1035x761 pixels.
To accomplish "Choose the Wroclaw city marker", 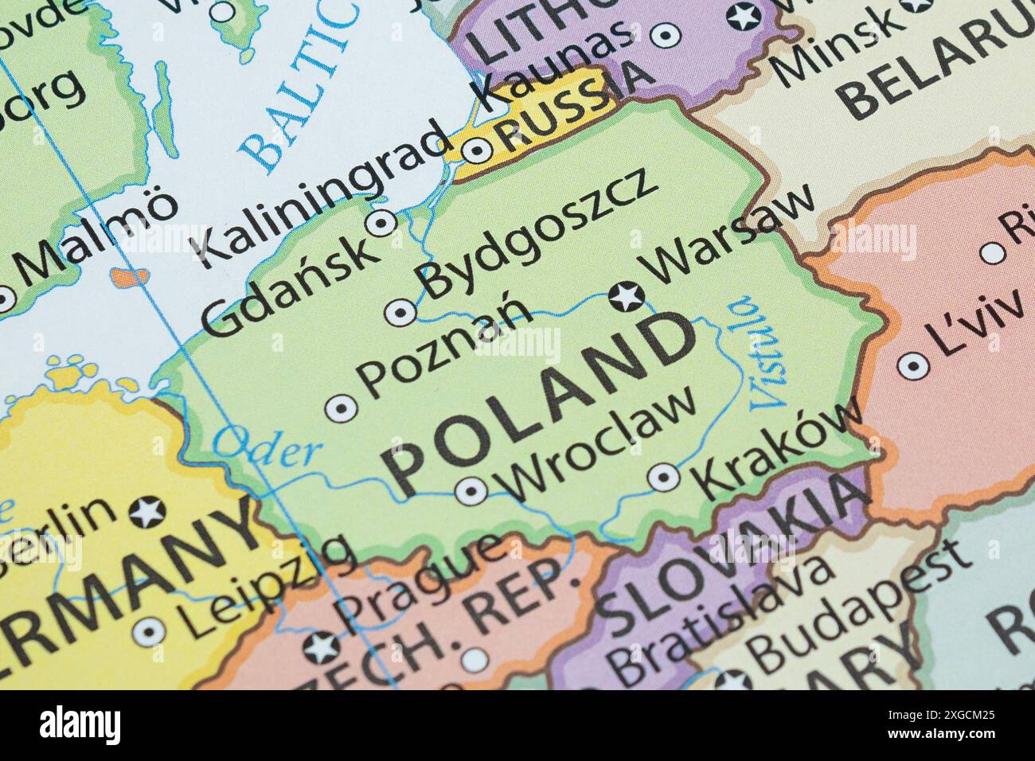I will [471, 490].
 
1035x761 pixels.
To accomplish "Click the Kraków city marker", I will [664, 478].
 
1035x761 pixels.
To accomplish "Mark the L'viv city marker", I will [913, 366].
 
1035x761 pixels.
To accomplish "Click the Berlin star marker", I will [147, 512].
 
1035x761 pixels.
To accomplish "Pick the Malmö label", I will [96, 239].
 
